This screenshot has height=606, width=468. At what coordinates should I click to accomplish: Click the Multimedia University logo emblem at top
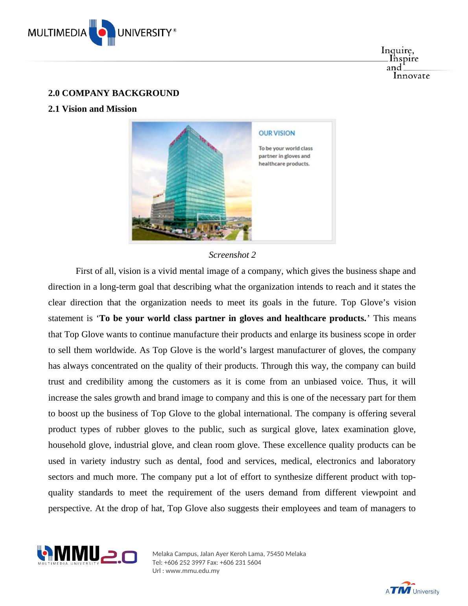102,33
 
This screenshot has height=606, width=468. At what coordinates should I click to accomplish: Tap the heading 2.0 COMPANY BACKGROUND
113,93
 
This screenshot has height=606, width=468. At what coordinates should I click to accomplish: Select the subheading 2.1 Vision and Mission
92,109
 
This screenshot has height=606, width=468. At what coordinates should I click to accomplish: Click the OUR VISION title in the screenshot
276,133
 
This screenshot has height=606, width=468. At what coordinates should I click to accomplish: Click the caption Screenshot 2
232,255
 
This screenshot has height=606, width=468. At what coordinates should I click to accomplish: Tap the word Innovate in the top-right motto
411,76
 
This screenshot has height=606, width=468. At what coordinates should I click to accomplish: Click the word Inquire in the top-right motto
397,51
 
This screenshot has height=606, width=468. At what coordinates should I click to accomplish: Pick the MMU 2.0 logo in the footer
87,555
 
